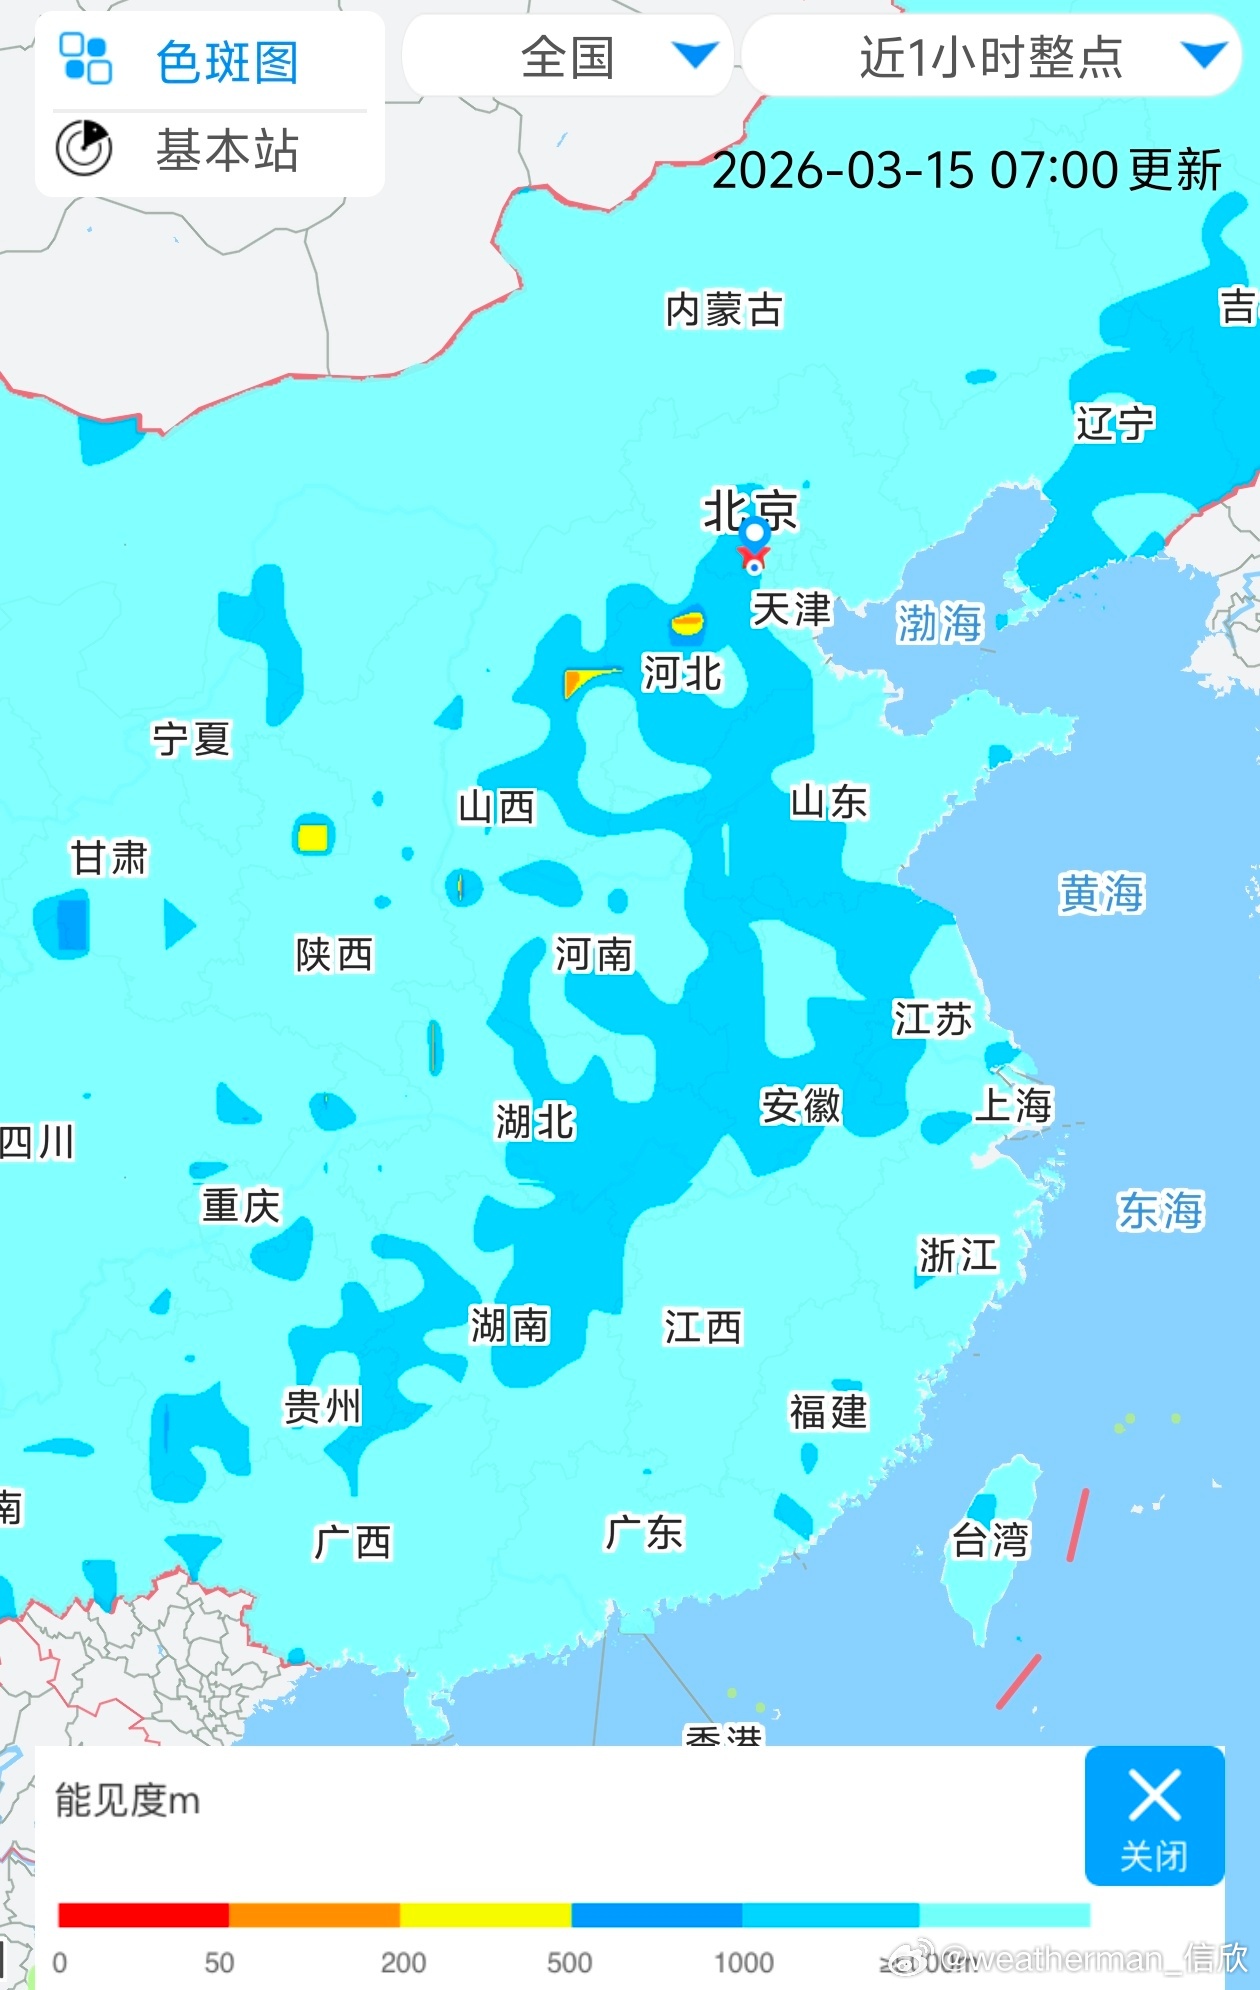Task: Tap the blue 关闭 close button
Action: (1154, 1815)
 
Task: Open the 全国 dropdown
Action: (568, 57)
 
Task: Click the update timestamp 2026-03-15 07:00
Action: (966, 170)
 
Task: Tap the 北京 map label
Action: (749, 509)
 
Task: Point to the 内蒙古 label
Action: (724, 310)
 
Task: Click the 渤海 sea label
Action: (939, 622)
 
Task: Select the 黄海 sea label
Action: (1101, 893)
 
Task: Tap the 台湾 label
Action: (989, 1540)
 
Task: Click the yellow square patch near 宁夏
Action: (313, 836)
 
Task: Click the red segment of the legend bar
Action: (143, 1914)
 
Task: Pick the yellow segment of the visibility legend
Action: (485, 1914)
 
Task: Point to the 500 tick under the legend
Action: (569, 1962)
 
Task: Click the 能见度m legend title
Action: (127, 1800)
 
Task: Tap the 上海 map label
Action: (1013, 1105)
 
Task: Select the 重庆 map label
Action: (241, 1205)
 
